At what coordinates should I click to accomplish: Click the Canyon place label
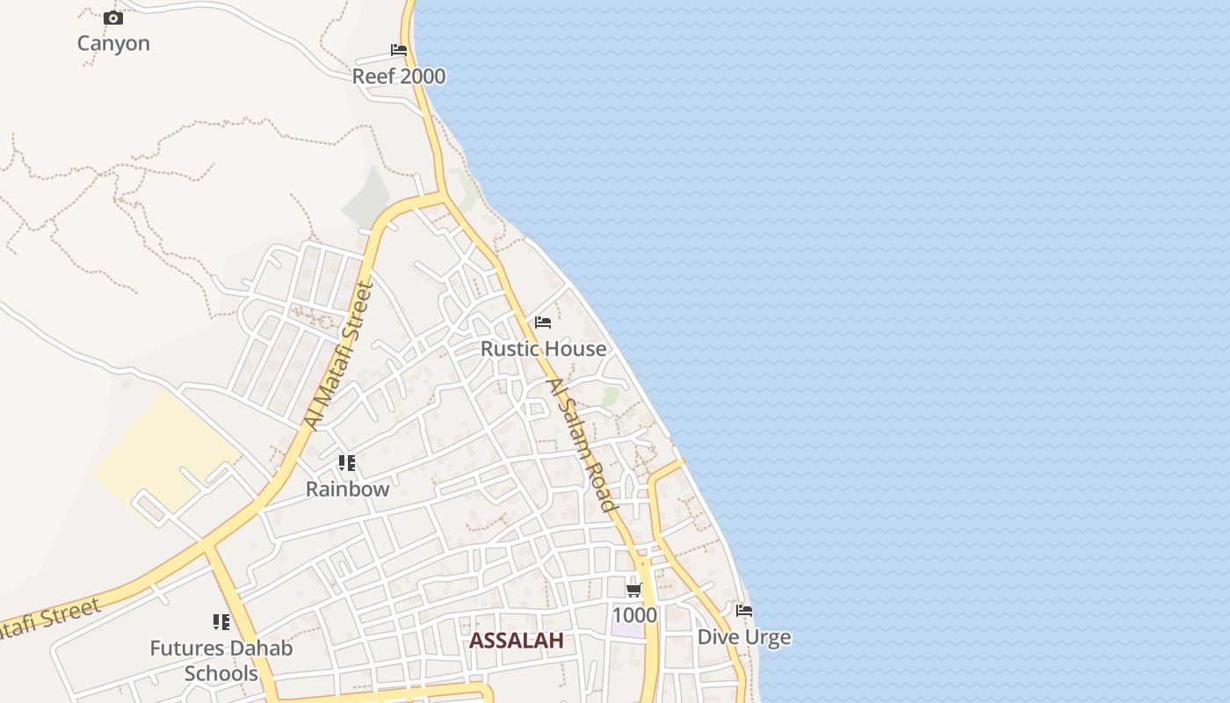click(113, 43)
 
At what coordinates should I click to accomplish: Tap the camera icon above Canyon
click(113, 18)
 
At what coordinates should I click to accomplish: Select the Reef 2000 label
click(399, 76)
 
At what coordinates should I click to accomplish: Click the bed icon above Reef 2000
click(399, 50)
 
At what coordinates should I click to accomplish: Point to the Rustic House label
click(543, 349)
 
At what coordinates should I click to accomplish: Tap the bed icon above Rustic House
click(543, 323)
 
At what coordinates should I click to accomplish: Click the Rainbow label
click(347, 489)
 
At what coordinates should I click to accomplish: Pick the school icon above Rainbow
click(347, 463)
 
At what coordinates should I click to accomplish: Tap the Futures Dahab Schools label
click(221, 661)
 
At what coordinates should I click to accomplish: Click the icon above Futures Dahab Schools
click(221, 622)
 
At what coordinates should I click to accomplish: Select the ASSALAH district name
click(517, 641)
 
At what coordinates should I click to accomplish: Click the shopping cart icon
click(634, 590)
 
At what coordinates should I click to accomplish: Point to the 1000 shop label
click(634, 615)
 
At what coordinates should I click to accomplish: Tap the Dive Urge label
click(744, 637)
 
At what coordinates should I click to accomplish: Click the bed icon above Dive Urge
click(744, 610)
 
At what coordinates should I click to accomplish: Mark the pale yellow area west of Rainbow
click(163, 453)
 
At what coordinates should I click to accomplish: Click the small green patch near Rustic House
click(610, 396)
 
